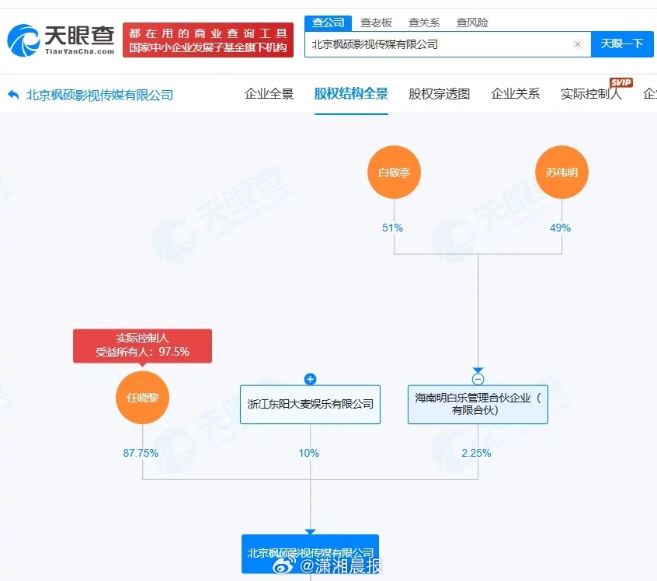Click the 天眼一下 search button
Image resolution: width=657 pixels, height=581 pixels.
tap(622, 44)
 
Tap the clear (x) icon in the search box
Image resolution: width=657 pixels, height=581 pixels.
tap(578, 44)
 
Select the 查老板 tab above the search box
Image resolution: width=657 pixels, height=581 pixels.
tap(376, 23)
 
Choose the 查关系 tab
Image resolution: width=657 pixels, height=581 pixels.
tap(424, 23)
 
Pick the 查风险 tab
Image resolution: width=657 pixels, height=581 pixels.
tap(472, 23)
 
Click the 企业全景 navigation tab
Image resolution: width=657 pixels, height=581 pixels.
tap(269, 94)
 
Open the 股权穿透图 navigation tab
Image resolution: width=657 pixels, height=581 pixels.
tap(440, 94)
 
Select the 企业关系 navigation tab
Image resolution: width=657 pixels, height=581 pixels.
tap(516, 94)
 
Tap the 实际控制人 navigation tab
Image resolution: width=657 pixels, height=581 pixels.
tap(591, 94)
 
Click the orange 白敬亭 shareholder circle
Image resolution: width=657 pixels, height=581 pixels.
tap(394, 172)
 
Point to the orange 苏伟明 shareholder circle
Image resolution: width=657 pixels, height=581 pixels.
tap(561, 172)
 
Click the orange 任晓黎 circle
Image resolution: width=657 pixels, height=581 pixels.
tap(142, 398)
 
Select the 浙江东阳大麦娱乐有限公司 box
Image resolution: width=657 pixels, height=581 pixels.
tap(310, 404)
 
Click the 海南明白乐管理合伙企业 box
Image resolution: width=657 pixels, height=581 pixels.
tap(478, 404)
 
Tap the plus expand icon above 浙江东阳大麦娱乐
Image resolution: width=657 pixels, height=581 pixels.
tap(310, 379)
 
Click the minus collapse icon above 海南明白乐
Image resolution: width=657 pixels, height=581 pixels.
tap(478, 379)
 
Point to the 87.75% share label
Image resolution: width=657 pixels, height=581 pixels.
tap(141, 453)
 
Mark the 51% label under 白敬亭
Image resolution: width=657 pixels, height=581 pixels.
tap(393, 228)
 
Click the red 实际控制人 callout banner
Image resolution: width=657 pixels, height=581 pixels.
tap(142, 345)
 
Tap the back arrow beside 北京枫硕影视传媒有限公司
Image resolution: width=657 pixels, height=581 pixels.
tap(13, 95)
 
